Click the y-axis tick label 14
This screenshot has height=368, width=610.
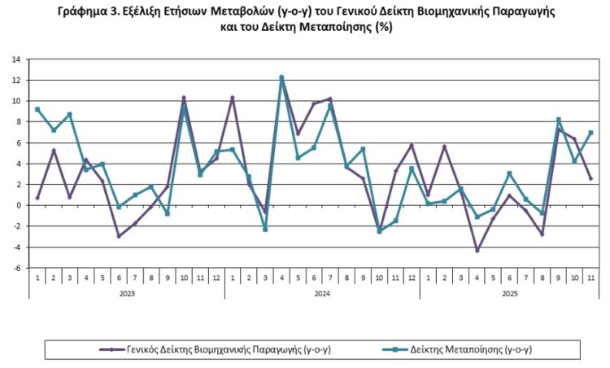coord(15,59)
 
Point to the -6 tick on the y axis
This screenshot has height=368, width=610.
coord(15,268)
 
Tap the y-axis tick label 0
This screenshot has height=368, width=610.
coord(17,205)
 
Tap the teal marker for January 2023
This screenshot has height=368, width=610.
coord(37,109)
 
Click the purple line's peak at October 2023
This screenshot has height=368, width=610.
coord(184,98)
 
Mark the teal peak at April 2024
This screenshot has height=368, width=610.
coord(281,78)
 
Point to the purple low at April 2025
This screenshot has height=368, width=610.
coord(477,250)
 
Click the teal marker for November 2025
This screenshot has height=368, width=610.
coord(591,133)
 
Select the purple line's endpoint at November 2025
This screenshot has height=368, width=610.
coord(591,178)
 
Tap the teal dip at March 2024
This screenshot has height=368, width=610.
coord(265,229)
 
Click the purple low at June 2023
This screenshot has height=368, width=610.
coord(119,236)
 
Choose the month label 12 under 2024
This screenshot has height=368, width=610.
coord(412,278)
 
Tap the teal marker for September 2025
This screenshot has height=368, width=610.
coord(559,120)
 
